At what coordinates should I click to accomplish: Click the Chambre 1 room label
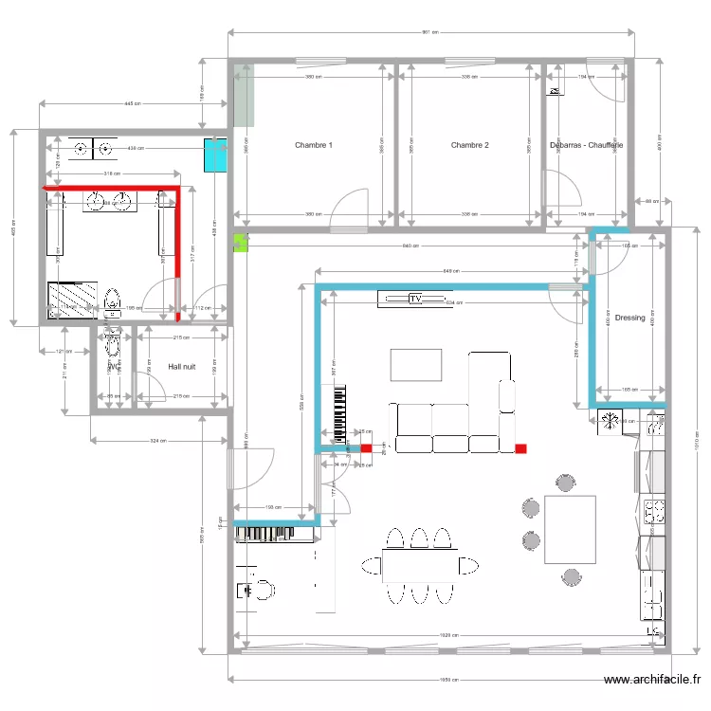(x=313, y=145)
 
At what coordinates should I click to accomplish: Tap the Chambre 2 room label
(x=469, y=145)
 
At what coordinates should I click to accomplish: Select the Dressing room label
(x=629, y=318)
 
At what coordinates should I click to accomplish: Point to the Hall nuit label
(x=182, y=365)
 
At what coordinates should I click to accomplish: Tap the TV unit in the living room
(x=414, y=300)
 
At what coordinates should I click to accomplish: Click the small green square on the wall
(x=240, y=243)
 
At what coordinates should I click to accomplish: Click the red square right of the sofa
(x=520, y=448)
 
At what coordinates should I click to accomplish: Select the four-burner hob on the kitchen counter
(x=654, y=512)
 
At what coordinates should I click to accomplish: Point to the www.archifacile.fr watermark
(x=651, y=679)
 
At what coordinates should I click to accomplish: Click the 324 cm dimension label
(x=157, y=441)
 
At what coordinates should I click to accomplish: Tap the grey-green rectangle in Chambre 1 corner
(x=244, y=95)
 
